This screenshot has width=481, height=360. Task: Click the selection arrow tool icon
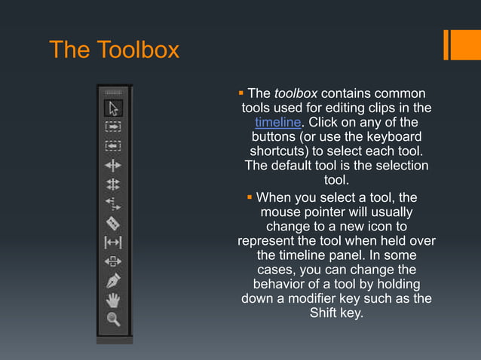tap(114, 108)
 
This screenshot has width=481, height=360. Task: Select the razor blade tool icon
tap(114, 223)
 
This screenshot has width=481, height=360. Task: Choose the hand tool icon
tap(114, 301)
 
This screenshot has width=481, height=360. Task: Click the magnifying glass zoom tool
tap(114, 319)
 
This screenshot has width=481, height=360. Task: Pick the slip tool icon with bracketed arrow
tap(114, 243)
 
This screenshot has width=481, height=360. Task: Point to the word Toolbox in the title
tap(137, 50)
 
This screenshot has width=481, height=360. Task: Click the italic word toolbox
tap(296, 94)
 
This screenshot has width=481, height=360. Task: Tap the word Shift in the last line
tap(326, 313)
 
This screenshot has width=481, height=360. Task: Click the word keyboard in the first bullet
tap(389, 137)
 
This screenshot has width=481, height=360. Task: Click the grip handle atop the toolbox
tap(114, 90)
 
